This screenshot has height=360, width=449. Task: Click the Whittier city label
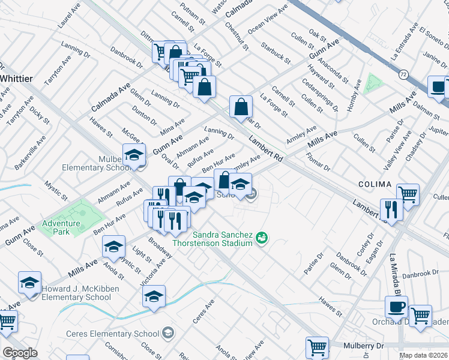(x=16, y=79)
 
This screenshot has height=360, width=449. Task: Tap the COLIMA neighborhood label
(x=375, y=184)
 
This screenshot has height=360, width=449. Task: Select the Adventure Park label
(x=61, y=227)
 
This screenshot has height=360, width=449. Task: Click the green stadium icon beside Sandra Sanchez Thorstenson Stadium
(x=261, y=238)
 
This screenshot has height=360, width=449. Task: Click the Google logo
(x=20, y=353)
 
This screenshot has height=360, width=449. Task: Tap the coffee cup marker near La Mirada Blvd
(x=396, y=307)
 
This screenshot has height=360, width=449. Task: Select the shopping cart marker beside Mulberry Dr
(x=316, y=347)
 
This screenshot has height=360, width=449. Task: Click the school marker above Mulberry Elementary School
(x=134, y=155)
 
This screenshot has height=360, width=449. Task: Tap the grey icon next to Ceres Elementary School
(x=169, y=334)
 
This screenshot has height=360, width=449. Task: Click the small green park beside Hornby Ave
(x=373, y=85)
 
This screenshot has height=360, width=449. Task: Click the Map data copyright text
(x=424, y=355)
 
